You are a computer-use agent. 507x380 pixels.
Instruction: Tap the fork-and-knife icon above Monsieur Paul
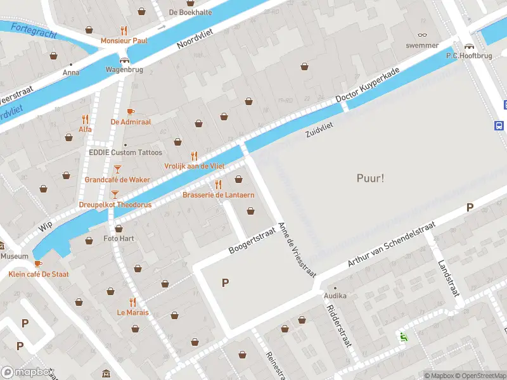click(124, 30)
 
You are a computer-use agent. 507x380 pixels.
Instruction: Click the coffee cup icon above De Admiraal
click(131, 111)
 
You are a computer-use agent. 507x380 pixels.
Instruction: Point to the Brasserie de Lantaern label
click(218, 195)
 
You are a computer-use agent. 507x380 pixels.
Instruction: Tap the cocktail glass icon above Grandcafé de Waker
click(117, 169)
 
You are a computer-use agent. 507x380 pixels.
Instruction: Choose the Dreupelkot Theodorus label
click(115, 205)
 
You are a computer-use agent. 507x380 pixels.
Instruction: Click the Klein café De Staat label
click(39, 274)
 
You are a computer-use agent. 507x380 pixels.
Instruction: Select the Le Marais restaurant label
click(132, 312)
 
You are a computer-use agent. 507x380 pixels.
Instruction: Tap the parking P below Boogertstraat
click(225, 282)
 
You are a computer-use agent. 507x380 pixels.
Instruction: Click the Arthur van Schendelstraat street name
click(392, 244)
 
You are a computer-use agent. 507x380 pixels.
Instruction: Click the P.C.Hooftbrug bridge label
click(470, 55)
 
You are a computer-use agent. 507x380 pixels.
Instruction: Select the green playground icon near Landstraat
click(402, 336)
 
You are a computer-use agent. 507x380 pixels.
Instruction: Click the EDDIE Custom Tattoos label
click(125, 153)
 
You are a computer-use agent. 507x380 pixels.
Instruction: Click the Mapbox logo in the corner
click(28, 372)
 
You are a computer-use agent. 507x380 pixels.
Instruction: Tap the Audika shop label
click(335, 296)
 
